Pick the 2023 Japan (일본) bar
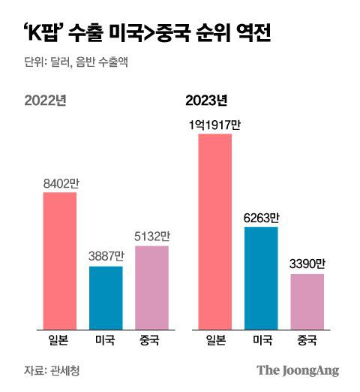[214, 231]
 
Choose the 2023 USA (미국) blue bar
[261, 277]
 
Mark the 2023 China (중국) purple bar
[307, 301]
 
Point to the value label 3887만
[106, 255]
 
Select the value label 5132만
[152, 236]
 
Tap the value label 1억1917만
[214, 124]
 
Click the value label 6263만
[261, 217]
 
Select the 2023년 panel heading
[206, 99]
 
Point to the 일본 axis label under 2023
[214, 342]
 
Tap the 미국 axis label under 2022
[106, 342]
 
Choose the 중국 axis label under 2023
[307, 342]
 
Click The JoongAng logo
[298, 370]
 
